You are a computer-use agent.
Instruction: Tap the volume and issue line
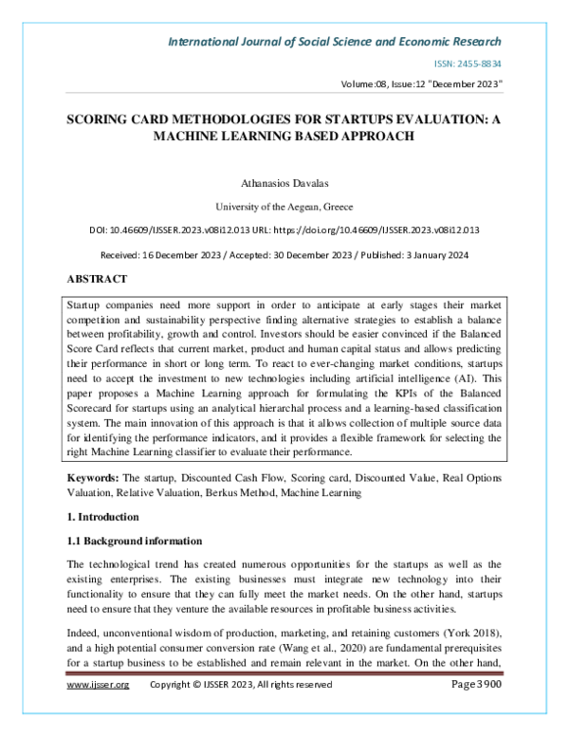tap(421, 84)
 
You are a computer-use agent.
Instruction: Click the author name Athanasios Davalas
tap(284, 180)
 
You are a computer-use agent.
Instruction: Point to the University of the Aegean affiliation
tap(284, 204)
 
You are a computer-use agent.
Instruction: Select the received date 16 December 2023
tap(198, 255)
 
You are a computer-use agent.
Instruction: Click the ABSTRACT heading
tap(96, 281)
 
